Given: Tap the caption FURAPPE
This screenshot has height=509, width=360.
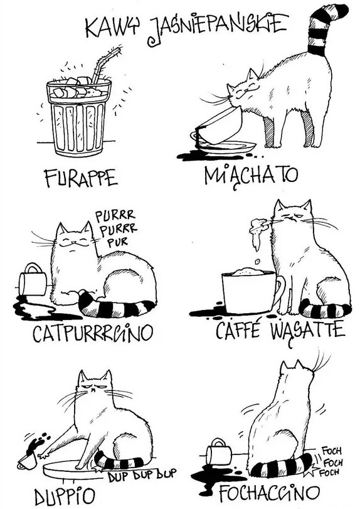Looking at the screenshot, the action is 81,178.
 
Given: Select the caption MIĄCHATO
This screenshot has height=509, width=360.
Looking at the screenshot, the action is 251,176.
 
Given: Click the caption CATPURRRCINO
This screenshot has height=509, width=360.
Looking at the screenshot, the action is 92,333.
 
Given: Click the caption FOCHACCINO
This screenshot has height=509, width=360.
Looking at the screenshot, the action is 270,493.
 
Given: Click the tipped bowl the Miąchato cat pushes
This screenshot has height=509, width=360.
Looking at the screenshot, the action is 220,127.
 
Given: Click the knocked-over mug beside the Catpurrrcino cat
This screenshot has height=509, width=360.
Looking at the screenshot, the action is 33,279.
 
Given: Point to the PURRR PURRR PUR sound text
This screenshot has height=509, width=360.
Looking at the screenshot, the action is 115,229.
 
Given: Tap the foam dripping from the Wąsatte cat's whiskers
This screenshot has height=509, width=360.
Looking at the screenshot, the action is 258,232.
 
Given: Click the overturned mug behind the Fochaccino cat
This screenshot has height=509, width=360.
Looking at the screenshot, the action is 220,451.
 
